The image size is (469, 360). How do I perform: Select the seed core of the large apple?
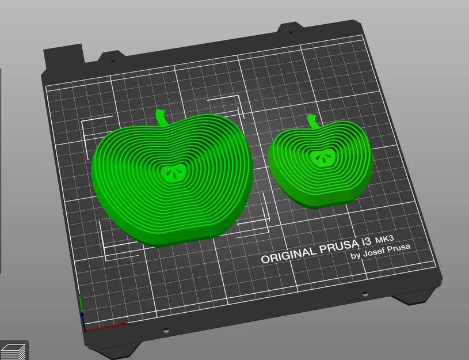click(171, 171)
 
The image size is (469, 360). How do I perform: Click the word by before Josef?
click(355, 256)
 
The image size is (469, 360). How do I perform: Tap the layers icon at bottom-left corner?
click(13, 350)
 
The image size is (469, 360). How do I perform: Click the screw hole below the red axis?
click(166, 331)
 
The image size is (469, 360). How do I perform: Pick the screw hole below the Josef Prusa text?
click(365, 294)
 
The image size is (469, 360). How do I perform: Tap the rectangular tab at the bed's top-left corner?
click(64, 55)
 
